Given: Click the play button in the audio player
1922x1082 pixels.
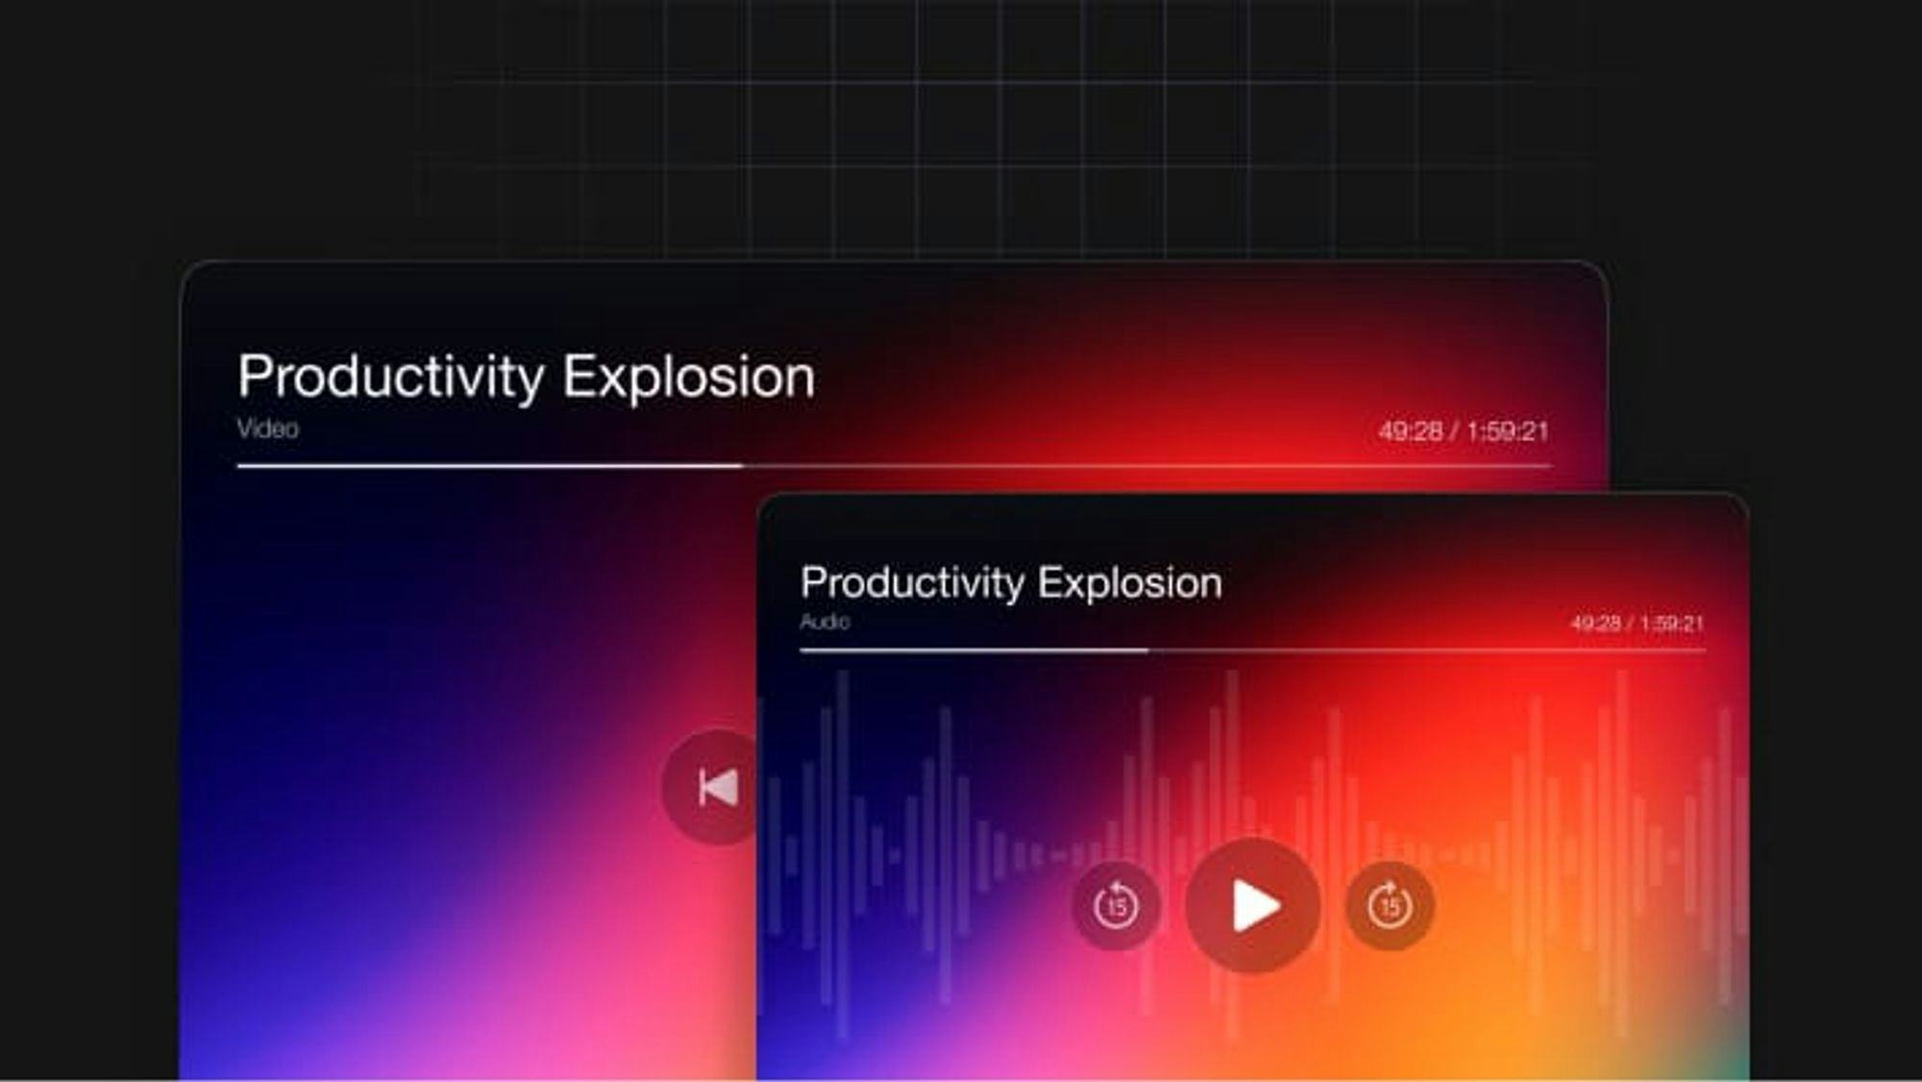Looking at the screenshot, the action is (x=1252, y=905).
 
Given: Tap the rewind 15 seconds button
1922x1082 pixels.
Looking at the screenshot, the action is (x=1116, y=905).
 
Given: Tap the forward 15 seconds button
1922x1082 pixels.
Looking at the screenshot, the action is (x=1390, y=905).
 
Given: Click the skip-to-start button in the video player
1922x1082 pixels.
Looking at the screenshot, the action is (x=712, y=787).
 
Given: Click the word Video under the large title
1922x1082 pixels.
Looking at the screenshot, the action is (x=268, y=429).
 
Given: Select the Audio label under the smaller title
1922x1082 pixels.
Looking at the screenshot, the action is (x=825, y=622).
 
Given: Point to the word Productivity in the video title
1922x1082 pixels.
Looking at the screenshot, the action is (x=391, y=377).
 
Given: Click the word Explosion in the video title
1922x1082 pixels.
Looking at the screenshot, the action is (x=689, y=377).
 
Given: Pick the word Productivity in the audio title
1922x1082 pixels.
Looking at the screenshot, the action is (x=912, y=583).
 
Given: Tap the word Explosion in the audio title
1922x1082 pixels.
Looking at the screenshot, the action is (x=1130, y=583).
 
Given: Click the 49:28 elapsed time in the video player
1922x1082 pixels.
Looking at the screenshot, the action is (x=1411, y=431).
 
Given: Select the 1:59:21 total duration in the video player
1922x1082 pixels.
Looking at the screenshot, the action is (x=1508, y=431).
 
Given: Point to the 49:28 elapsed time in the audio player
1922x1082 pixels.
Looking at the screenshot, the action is (x=1595, y=624).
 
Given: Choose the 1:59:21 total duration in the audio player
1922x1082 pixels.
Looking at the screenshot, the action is (x=1672, y=624).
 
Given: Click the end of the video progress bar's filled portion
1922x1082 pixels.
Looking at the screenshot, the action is (x=743, y=466).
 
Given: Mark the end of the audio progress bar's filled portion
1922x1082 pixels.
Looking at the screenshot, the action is (x=1147, y=651).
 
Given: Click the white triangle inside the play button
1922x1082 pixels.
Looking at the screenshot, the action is (x=1255, y=905).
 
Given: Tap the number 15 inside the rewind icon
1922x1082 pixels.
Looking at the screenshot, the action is (x=1117, y=908).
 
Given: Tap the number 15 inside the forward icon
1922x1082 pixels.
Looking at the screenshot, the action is (x=1390, y=908).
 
